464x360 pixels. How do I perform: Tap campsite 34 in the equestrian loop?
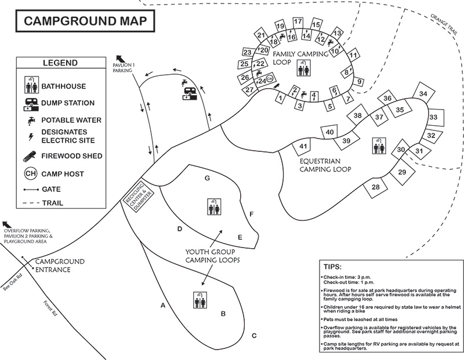[424, 94]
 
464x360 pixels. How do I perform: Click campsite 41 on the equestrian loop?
[302, 147]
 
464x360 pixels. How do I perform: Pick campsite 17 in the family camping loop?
[298, 22]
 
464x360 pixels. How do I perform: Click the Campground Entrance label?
[61, 266]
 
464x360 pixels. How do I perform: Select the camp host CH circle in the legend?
[31, 173]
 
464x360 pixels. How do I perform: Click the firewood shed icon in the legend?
[31, 156]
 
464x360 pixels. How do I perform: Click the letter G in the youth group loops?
[206, 178]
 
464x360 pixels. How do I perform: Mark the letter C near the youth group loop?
[253, 336]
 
